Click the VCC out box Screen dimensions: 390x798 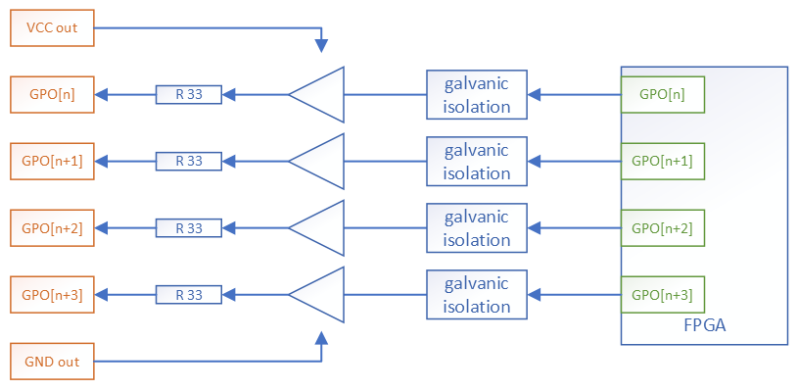click(x=52, y=28)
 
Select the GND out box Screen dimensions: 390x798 click(x=52, y=362)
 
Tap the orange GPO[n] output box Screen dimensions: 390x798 click(x=52, y=95)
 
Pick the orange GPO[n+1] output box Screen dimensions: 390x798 click(x=52, y=162)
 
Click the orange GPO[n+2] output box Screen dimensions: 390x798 click(x=52, y=228)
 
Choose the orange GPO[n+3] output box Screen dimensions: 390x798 click(x=52, y=295)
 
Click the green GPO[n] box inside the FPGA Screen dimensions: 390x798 click(x=662, y=95)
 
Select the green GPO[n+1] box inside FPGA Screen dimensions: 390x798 click(x=662, y=162)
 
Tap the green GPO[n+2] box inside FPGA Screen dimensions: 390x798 click(x=662, y=228)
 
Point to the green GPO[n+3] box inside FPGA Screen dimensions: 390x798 click(x=662, y=295)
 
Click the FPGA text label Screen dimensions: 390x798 click(x=704, y=325)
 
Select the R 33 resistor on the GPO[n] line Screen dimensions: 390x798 click(x=189, y=95)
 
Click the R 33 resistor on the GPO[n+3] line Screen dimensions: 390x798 click(x=189, y=295)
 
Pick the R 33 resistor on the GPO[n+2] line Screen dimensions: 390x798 click(x=189, y=228)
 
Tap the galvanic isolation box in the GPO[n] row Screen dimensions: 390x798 click(x=477, y=95)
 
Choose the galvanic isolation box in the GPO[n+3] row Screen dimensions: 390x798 click(x=477, y=295)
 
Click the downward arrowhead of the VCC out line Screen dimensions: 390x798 click(x=321, y=45)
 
